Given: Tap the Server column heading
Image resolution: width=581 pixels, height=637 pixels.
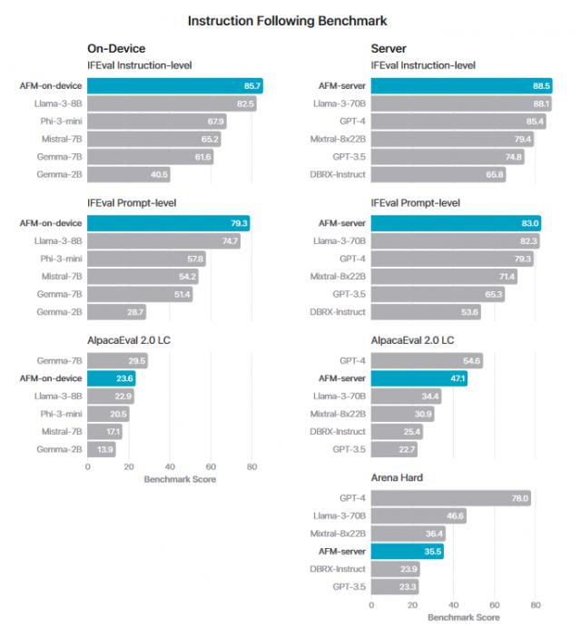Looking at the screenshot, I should click(x=391, y=48).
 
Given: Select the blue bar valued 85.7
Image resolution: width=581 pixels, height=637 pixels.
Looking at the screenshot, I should click(x=175, y=86).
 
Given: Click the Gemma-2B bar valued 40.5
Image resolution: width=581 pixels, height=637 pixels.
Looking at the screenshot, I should click(x=129, y=175).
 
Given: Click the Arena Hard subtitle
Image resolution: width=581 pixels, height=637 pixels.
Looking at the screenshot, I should click(x=399, y=477).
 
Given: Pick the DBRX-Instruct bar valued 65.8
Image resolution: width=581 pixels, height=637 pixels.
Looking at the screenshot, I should click(x=438, y=175).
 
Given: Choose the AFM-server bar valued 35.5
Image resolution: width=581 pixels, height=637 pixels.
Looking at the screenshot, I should click(x=408, y=551).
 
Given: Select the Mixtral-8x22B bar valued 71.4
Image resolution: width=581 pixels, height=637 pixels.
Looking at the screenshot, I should click(x=445, y=276).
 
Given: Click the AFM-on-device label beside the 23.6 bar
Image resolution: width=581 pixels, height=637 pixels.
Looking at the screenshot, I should click(x=51, y=378).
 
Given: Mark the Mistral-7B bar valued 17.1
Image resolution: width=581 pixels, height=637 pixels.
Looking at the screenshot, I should click(x=105, y=431).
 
